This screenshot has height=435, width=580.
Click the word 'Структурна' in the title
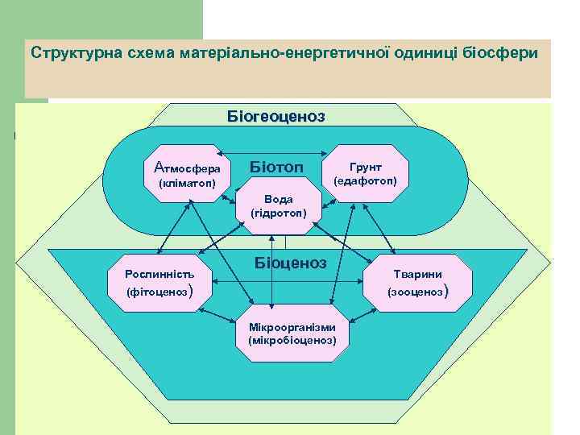(x=71, y=52)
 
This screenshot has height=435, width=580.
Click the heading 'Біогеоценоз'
(x=276, y=116)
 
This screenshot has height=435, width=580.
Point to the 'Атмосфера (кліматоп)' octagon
(x=187, y=174)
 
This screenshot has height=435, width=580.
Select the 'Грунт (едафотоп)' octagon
(x=368, y=173)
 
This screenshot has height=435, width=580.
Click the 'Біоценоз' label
(x=290, y=263)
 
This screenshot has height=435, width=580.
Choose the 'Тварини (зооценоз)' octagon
(x=417, y=282)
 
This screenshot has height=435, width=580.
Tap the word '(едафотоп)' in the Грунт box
(x=368, y=180)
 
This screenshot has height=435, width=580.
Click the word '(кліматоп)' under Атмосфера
(x=187, y=183)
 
